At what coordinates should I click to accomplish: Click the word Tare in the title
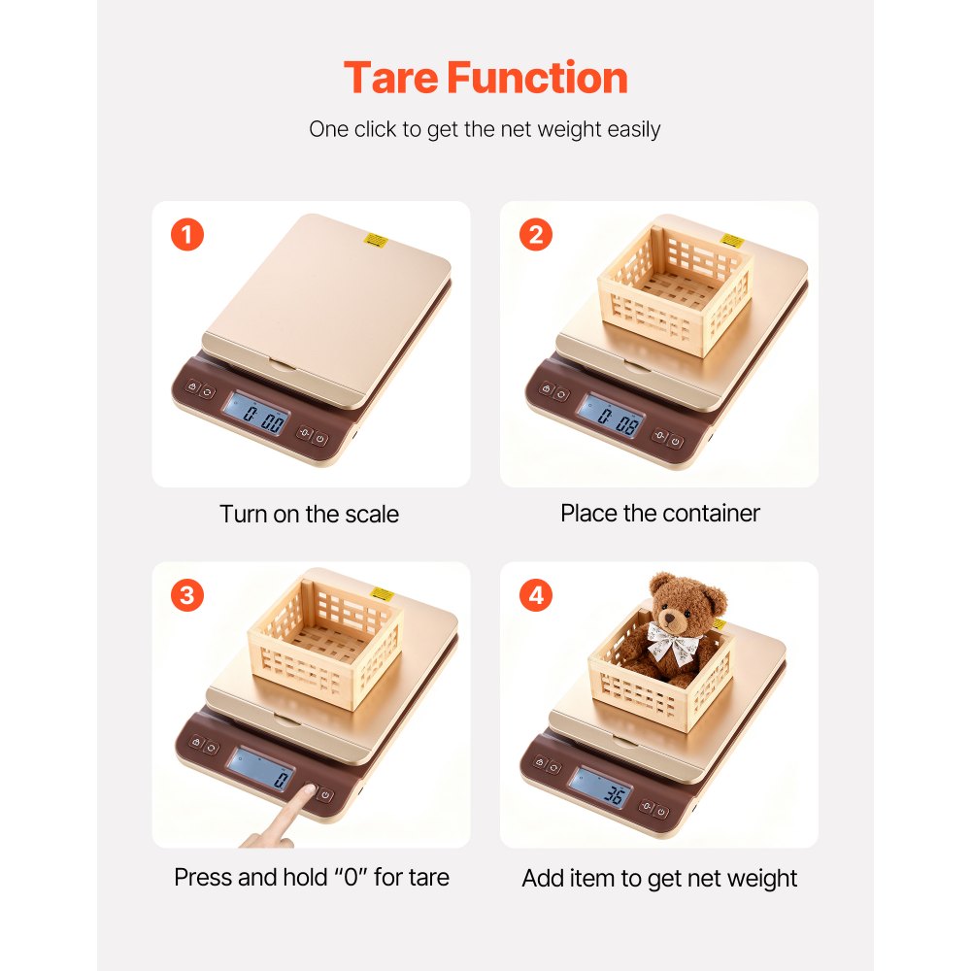[x=396, y=78]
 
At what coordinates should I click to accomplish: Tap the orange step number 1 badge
[x=187, y=234]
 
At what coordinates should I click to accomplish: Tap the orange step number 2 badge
[x=535, y=234]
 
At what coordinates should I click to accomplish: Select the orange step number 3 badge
[x=187, y=594]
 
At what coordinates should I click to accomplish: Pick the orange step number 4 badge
[x=535, y=594]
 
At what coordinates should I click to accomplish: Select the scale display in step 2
[x=611, y=415]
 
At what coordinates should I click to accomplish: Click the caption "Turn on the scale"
[x=309, y=514]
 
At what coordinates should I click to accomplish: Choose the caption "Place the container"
[x=659, y=513]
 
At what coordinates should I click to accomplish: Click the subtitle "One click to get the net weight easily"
[x=485, y=129]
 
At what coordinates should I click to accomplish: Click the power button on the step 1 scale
[x=321, y=438]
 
